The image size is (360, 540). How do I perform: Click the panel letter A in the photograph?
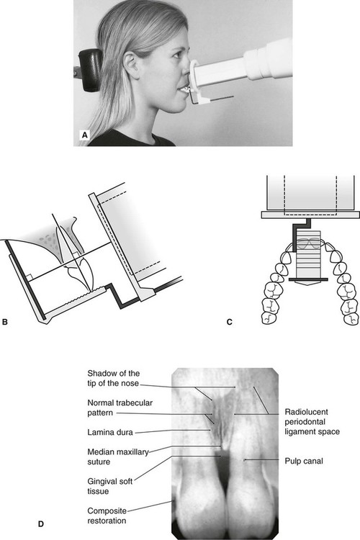click(x=84, y=135)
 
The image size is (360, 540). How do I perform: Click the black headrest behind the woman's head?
click(x=90, y=71)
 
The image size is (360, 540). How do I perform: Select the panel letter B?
click(x=5, y=322)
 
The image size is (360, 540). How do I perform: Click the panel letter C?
click(x=230, y=322)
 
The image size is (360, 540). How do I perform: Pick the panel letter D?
click(x=40, y=524)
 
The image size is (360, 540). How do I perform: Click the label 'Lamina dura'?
click(x=110, y=432)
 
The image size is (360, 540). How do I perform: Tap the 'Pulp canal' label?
click(x=304, y=461)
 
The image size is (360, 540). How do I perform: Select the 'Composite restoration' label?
click(x=107, y=516)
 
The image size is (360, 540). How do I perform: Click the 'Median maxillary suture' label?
click(x=118, y=456)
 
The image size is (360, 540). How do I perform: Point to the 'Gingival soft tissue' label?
click(x=110, y=486)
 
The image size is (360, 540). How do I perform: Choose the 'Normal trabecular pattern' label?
click(x=120, y=408)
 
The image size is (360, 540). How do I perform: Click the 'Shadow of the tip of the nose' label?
click(x=113, y=378)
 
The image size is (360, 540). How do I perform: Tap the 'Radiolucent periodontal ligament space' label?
click(x=312, y=422)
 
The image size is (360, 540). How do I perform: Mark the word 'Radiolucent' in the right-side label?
click(x=306, y=412)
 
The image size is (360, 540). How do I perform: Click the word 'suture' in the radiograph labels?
click(x=99, y=462)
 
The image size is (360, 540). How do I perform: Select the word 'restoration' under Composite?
click(x=107, y=521)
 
